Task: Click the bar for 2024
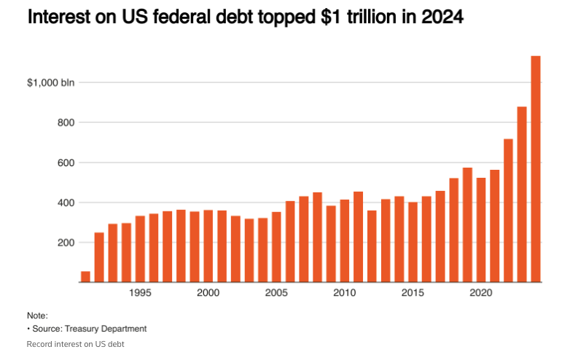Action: [536, 168]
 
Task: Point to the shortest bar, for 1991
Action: [85, 276]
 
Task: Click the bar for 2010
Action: [345, 240]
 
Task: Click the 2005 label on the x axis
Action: [276, 293]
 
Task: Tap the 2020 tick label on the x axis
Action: [480, 293]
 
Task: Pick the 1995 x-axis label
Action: [140, 293]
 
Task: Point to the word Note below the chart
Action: [36, 316]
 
